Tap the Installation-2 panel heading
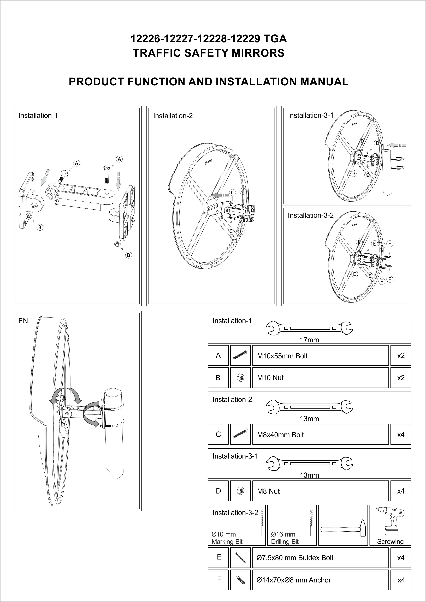173,116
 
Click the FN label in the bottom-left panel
23,321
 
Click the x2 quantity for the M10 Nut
401,378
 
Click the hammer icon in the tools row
343,529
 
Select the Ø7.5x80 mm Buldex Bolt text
295,558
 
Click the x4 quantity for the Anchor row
401,580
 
